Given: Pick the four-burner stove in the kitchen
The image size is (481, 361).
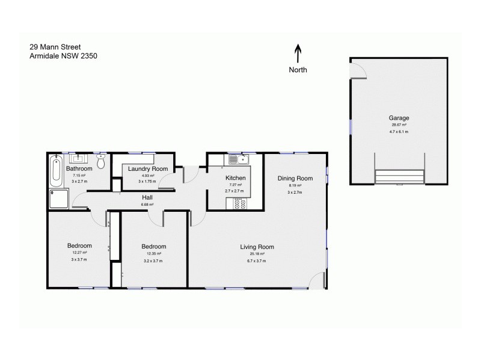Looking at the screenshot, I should pos(238,204).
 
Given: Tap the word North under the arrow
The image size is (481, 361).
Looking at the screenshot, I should pos(298,70).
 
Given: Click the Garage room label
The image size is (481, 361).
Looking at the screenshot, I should pos(399,118).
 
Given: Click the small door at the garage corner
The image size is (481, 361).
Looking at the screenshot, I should pos(358,71).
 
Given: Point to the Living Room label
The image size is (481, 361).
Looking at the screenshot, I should pos(257,247).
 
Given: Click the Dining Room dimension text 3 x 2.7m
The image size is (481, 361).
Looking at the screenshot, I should pos(295,193).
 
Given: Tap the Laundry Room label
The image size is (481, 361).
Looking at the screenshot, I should pos(148,169).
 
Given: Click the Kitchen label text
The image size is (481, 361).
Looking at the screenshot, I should pos(236,179).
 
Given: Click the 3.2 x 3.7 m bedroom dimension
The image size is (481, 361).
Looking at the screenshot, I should pos(153,261).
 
